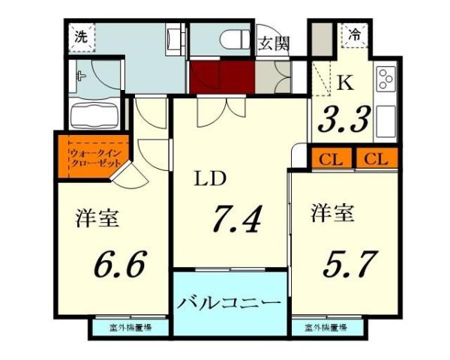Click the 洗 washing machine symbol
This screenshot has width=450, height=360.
click(x=79, y=34)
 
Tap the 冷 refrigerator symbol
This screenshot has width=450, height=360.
click(x=352, y=34)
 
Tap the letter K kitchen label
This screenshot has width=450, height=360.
click(x=345, y=83)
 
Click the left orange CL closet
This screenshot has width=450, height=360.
click(x=328, y=158)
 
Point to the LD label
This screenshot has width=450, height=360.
click(x=209, y=180)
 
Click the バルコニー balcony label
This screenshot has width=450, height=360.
click(x=229, y=304)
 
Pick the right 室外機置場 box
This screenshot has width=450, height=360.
click(x=325, y=328)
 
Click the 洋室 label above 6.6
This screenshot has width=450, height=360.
click(x=97, y=219)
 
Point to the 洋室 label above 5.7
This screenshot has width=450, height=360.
click(x=332, y=214)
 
